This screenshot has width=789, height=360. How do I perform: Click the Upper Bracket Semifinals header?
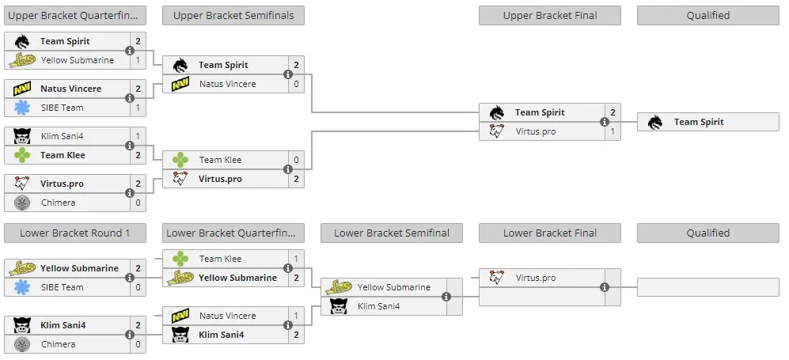233,16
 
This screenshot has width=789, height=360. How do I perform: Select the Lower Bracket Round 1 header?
75,233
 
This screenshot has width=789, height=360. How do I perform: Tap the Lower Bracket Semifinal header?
392,233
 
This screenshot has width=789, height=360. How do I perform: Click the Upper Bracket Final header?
550,16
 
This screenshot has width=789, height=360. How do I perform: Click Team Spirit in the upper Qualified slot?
699,122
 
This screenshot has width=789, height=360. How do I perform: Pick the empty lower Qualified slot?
708,287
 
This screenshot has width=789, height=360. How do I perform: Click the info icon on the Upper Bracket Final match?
605,122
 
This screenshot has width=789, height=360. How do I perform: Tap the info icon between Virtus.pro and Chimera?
129,193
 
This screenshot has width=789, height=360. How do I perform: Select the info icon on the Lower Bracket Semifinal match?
446,297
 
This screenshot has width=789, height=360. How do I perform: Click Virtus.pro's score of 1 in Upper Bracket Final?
613,131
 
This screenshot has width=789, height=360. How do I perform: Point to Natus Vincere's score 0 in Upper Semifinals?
297,84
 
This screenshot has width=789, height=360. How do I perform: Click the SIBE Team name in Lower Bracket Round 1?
63,287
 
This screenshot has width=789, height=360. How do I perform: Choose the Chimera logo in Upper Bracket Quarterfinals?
22,203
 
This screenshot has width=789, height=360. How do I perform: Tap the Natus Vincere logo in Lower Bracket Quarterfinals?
180,316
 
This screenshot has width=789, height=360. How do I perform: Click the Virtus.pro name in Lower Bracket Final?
536,278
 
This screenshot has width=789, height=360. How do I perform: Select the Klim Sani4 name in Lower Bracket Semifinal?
378,306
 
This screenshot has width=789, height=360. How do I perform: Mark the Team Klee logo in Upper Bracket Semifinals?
180,160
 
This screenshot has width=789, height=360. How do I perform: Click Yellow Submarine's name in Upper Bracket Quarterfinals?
78,60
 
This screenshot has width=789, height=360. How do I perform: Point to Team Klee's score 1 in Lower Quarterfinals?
297,259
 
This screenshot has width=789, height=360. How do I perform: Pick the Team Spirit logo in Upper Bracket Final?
497,112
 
